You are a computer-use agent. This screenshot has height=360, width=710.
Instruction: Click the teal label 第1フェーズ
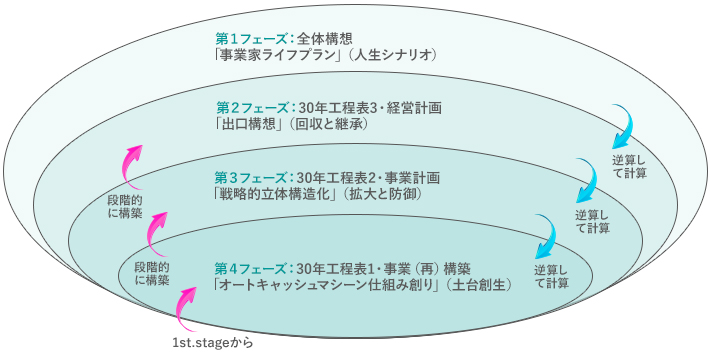click(246, 38)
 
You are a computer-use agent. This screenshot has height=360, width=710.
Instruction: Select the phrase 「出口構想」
click(251, 124)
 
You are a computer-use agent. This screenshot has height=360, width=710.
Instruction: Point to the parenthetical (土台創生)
click(479, 285)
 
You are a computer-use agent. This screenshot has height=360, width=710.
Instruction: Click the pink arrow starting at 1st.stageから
click(189, 311)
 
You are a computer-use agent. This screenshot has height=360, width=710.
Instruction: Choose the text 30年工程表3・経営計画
click(370, 107)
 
